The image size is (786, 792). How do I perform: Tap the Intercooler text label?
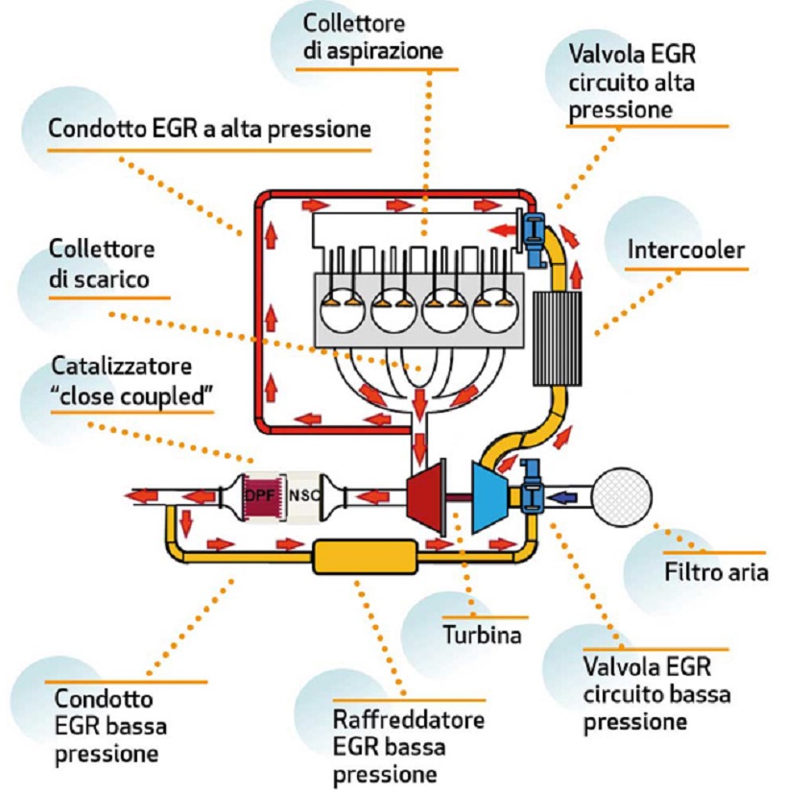pyautogui.click(x=685, y=251)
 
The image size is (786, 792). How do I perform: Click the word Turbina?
pyautogui.click(x=481, y=635)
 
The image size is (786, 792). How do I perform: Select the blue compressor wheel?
pyautogui.click(x=490, y=496)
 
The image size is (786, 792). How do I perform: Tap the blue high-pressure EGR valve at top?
pyautogui.click(x=536, y=229)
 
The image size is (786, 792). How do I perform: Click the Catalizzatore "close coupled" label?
pyautogui.click(x=130, y=382)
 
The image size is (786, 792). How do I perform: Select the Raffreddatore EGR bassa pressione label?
pyautogui.click(x=408, y=746)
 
